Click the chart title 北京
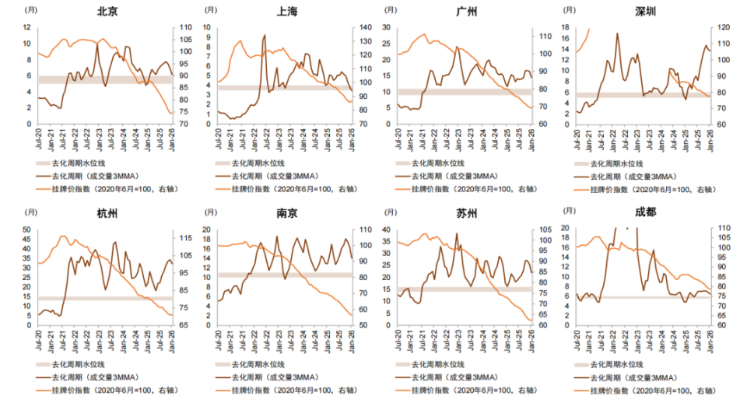(107, 12)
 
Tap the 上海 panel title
(287, 12)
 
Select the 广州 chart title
(467, 12)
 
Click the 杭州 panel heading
(107, 214)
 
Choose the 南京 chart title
(287, 214)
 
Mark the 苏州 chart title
(467, 214)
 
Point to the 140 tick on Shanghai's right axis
(365, 27)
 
